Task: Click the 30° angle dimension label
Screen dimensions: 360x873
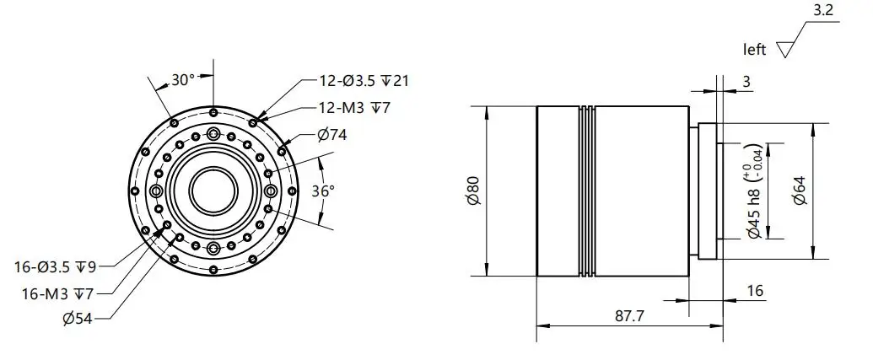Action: (183, 80)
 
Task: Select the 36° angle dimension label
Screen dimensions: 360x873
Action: (323, 191)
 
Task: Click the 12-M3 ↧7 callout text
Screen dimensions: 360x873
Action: (355, 107)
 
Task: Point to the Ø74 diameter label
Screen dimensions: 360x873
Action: (331, 134)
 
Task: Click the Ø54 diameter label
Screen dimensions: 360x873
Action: (77, 318)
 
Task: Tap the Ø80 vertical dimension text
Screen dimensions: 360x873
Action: (473, 191)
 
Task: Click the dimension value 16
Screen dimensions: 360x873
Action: (755, 291)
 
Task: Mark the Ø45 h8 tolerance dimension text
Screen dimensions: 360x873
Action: (755, 191)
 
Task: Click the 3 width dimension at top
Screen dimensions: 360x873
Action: (746, 81)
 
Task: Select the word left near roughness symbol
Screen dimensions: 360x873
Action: (754, 50)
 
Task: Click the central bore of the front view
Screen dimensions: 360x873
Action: (214, 191)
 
